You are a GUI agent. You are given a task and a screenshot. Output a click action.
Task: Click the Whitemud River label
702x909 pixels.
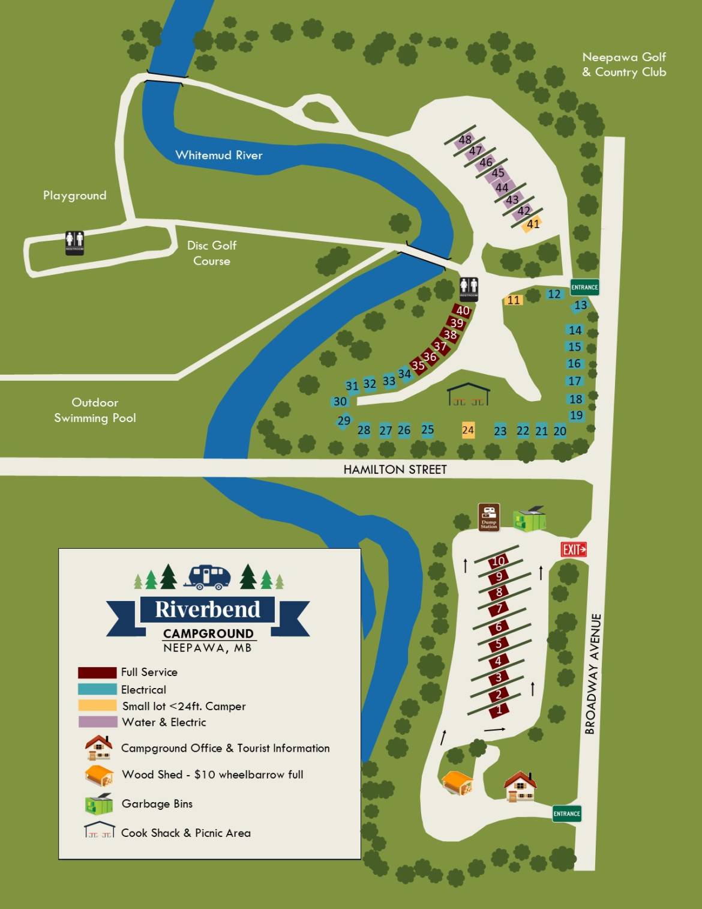pos(219,155)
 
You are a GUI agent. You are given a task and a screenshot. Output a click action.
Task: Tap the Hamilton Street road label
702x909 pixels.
pos(395,470)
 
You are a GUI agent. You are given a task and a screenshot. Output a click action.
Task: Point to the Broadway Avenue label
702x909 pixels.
pos(592,674)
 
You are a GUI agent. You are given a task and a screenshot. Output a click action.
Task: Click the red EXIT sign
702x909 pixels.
pos(574,549)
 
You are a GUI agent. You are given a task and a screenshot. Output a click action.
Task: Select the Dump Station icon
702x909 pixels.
pos(489,517)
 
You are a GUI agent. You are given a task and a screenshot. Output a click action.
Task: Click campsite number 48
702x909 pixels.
pos(465,140)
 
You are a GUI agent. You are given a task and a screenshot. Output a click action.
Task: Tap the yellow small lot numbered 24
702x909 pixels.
pos(468,430)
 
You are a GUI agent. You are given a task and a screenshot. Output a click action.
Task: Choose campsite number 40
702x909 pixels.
pos(463,310)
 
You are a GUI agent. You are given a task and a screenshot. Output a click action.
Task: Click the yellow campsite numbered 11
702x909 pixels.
pos(514,300)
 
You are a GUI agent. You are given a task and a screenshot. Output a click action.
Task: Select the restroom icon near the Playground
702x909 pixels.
pos(74,243)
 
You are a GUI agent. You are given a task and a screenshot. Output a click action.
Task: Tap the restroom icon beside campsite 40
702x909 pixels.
pos(469,288)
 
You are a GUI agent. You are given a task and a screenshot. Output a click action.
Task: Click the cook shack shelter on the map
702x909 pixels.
pos(469,394)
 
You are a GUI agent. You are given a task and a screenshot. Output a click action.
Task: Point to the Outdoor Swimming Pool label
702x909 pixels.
pos(95,410)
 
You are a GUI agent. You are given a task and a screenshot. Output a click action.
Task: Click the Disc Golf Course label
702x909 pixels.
pos(212,253)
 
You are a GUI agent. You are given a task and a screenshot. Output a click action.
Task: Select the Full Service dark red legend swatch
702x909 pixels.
pos(97,672)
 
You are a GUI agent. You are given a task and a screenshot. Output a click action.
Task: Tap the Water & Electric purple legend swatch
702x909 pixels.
pos(97,722)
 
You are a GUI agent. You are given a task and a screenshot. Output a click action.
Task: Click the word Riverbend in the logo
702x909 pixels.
pos(208,609)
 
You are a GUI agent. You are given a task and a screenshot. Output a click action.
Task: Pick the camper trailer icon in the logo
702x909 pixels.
pos(208,577)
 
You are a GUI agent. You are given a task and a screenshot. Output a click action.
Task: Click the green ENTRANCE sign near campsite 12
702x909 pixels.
pos(584,287)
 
